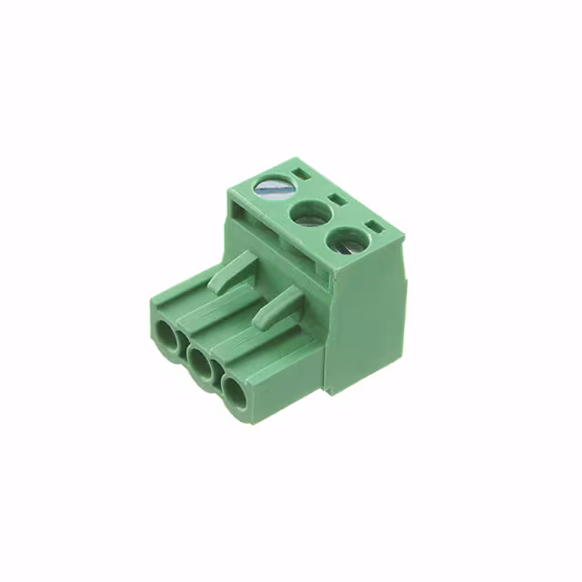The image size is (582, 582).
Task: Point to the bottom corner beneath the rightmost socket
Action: pos(238,421)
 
